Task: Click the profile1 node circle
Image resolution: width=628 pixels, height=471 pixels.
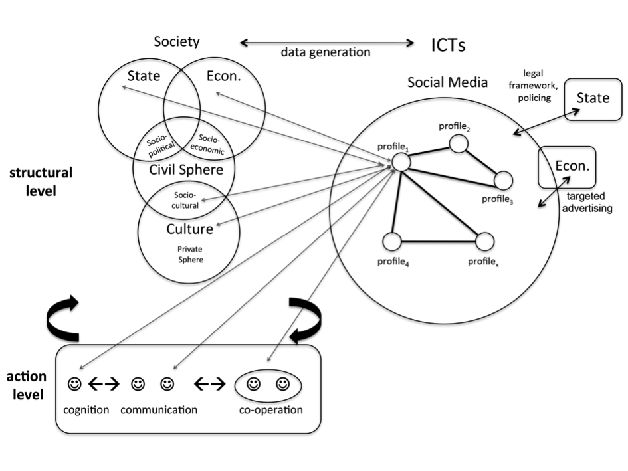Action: point(400,161)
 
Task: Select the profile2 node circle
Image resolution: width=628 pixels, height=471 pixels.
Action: point(457,143)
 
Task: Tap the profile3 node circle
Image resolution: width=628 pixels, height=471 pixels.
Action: point(503,180)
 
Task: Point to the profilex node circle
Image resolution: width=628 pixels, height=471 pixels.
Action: point(484,241)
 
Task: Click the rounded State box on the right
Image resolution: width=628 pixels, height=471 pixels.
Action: point(593,98)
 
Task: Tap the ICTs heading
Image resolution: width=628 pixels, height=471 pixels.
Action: point(448,45)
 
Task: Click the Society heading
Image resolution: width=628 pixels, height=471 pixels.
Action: point(176,41)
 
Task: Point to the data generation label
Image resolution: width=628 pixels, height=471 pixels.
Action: point(325,52)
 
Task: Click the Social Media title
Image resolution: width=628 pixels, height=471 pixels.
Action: point(447,82)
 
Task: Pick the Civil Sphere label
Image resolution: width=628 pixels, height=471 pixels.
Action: point(185,170)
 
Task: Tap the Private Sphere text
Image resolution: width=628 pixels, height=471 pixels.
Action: point(189,254)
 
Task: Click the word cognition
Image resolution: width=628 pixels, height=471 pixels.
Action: point(86,409)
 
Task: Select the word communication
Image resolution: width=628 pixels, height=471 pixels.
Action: point(159,409)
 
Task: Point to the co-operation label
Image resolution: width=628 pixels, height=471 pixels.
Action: point(270,409)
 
